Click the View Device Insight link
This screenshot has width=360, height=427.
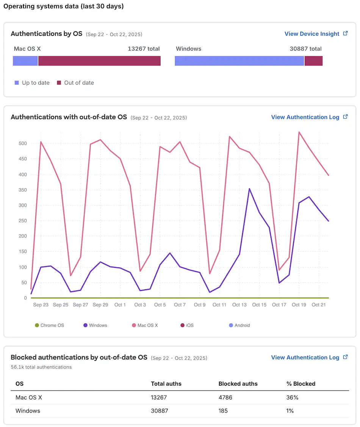click(x=312, y=34)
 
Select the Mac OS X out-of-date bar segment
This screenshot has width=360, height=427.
click(x=99, y=61)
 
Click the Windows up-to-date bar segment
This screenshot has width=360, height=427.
click(x=239, y=61)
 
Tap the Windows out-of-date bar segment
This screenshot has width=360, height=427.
click(x=313, y=61)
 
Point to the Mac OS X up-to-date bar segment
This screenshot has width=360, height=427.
click(x=25, y=61)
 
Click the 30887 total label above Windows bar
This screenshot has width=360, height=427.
click(x=305, y=49)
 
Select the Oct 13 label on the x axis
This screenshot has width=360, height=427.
click(x=239, y=305)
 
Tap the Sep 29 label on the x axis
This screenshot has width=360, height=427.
click(x=100, y=305)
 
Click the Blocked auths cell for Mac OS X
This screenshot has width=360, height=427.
click(x=225, y=397)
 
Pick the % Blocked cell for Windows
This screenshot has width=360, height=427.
click(x=290, y=411)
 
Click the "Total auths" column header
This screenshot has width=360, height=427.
click(x=166, y=384)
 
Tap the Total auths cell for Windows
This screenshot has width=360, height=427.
click(x=160, y=411)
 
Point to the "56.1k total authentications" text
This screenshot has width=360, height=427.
click(x=41, y=367)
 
